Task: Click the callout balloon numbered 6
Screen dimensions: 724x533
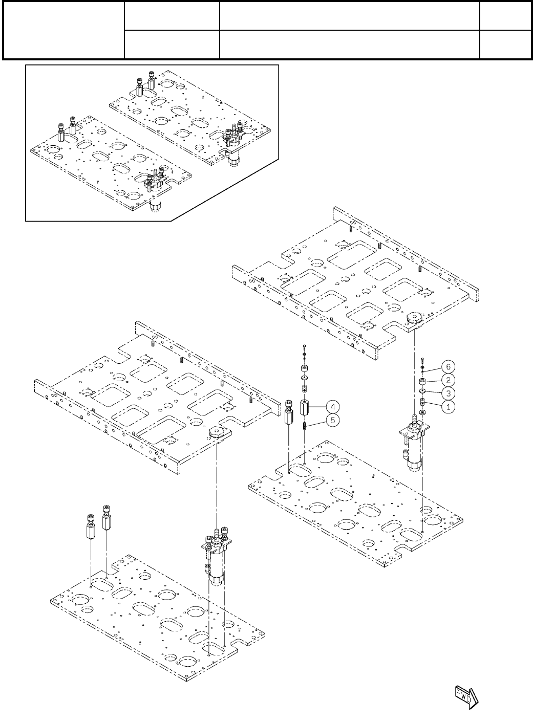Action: (448, 367)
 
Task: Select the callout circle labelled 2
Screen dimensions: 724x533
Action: (448, 380)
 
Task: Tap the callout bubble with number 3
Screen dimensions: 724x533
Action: (448, 393)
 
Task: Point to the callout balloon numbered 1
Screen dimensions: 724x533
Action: (448, 407)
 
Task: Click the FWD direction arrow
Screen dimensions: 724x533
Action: (465, 696)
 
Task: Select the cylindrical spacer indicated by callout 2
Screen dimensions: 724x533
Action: (423, 383)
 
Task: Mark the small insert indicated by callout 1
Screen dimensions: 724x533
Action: (423, 401)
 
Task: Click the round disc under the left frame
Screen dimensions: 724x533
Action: (217, 433)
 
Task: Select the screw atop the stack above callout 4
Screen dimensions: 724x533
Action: (304, 347)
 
